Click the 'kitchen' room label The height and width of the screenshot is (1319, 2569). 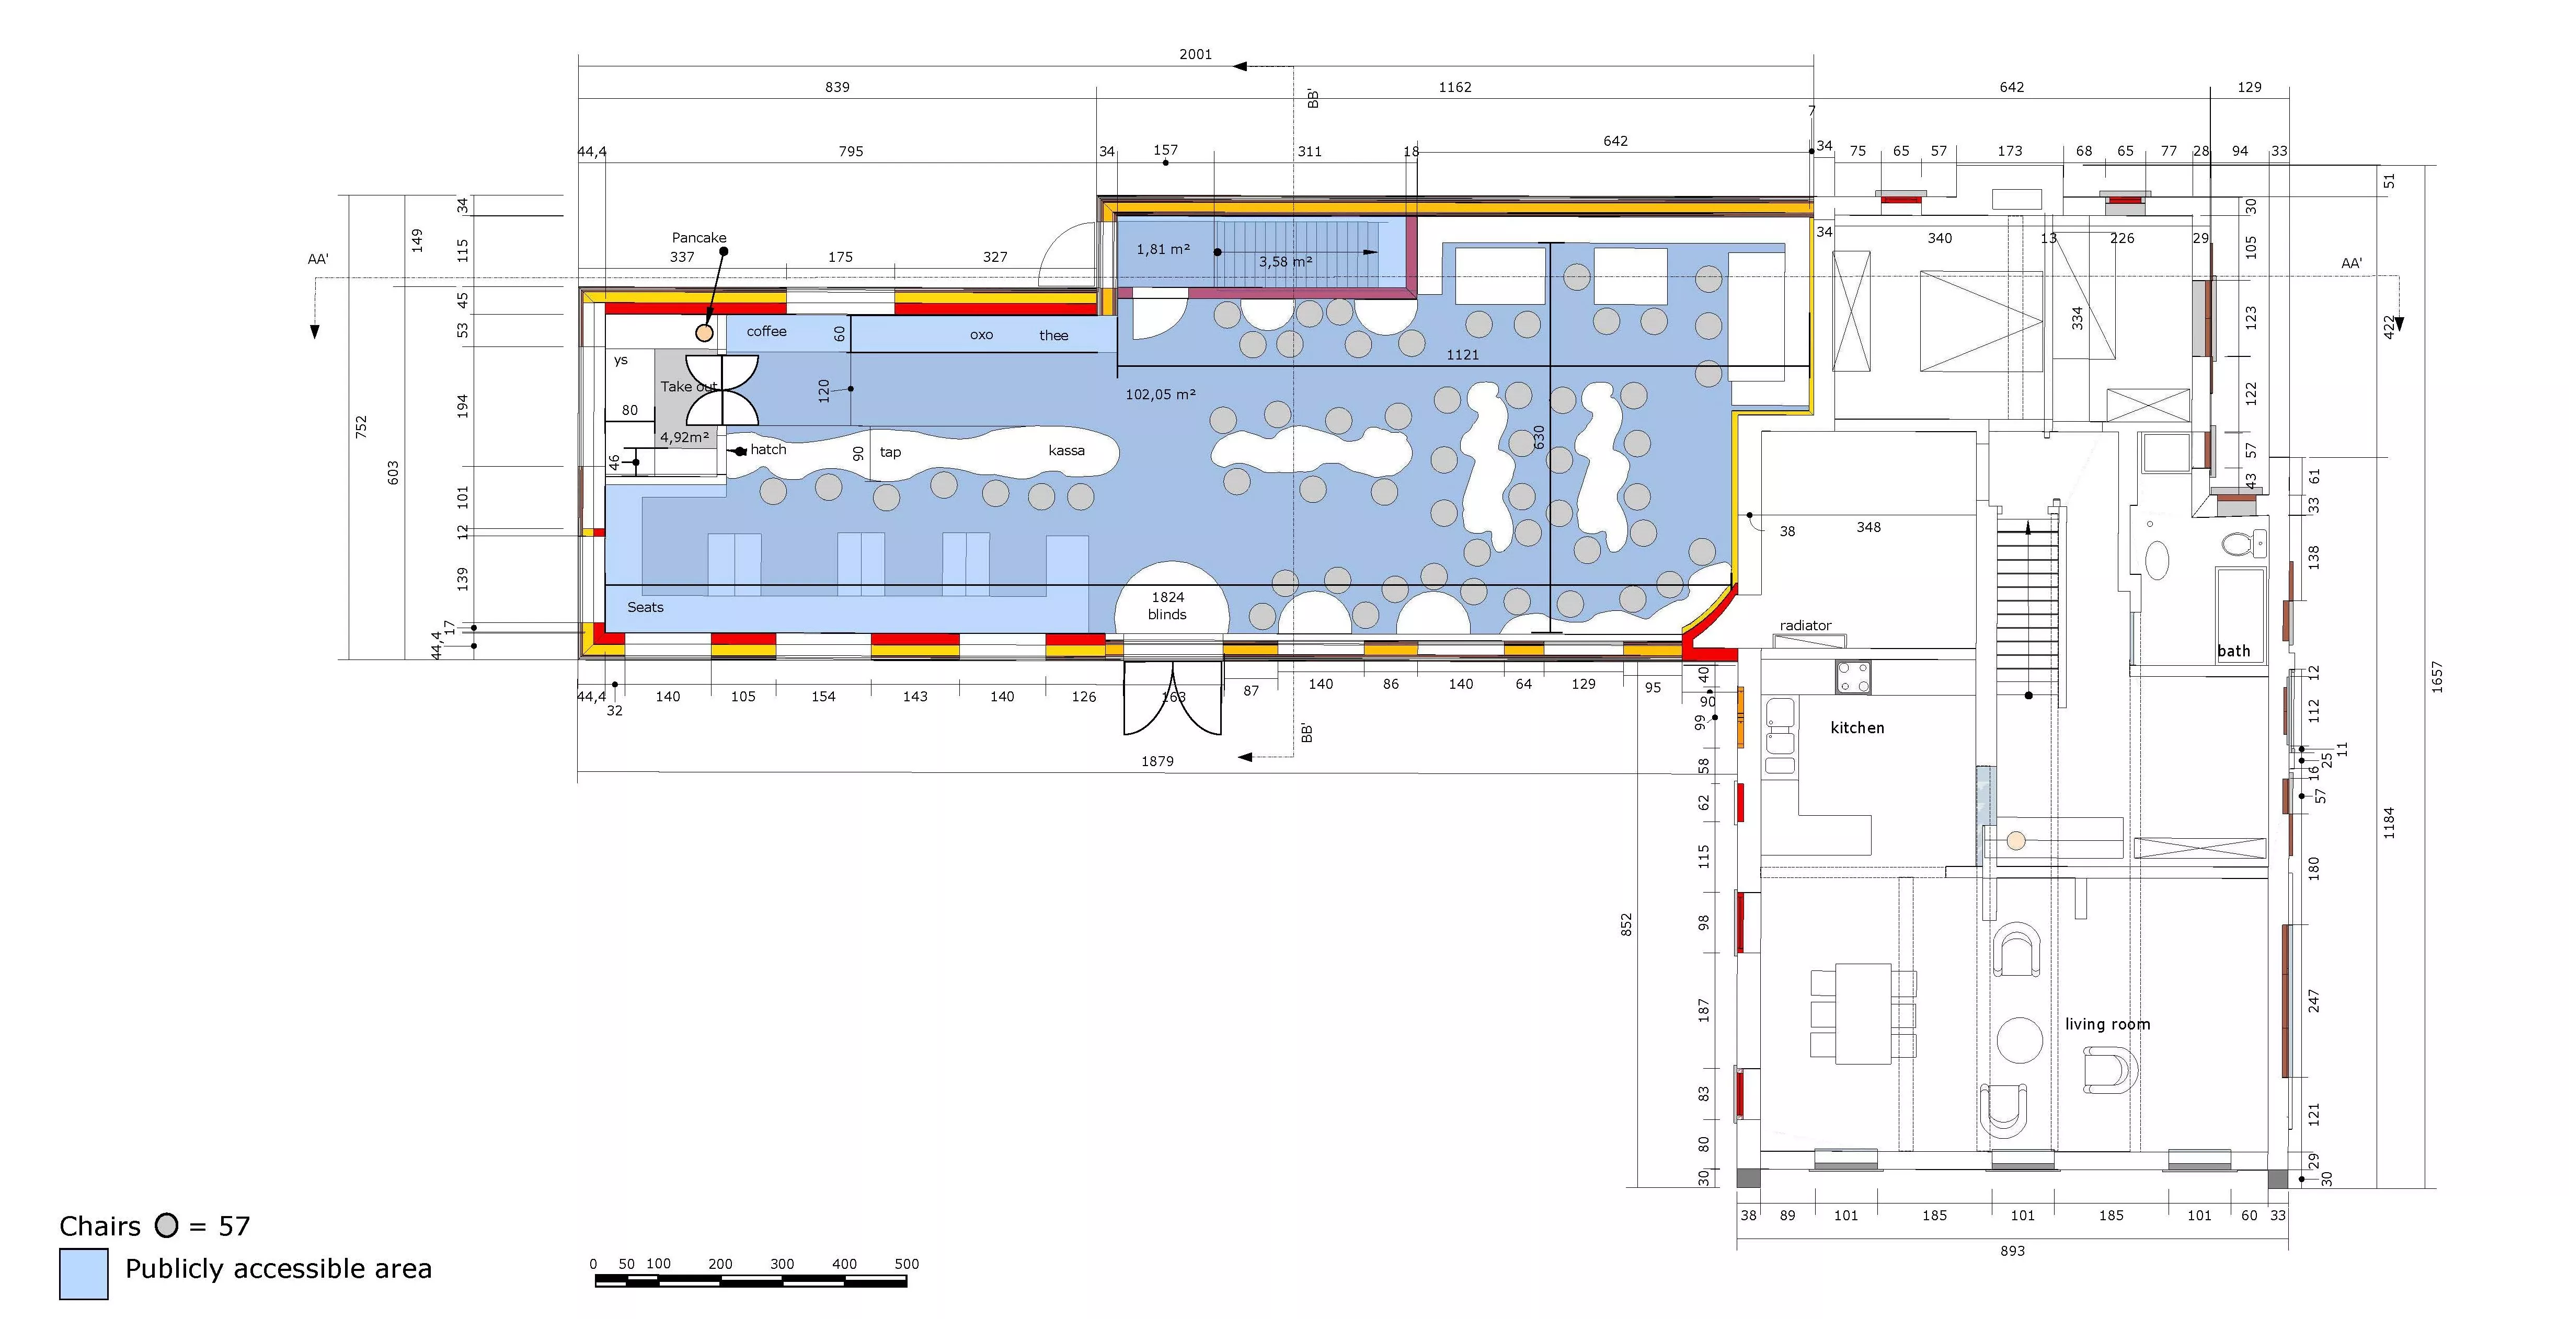(x=1857, y=728)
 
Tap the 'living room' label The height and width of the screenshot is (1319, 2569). (x=2107, y=1024)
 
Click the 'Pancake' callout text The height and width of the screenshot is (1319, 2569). (x=699, y=237)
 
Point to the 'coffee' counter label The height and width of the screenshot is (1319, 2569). (x=766, y=331)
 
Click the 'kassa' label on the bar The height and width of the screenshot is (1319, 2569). (x=1066, y=450)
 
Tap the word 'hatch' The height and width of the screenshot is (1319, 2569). (x=768, y=449)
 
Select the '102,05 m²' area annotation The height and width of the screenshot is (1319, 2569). (x=1161, y=395)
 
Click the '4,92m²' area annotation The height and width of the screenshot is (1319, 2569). (x=684, y=437)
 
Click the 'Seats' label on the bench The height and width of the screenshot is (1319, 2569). (x=645, y=607)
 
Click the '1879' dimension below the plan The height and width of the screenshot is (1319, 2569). (x=1157, y=761)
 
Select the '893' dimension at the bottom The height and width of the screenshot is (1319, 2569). (x=2012, y=1250)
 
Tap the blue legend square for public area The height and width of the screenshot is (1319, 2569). (x=84, y=1273)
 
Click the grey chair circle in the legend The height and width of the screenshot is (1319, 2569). (x=167, y=1225)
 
